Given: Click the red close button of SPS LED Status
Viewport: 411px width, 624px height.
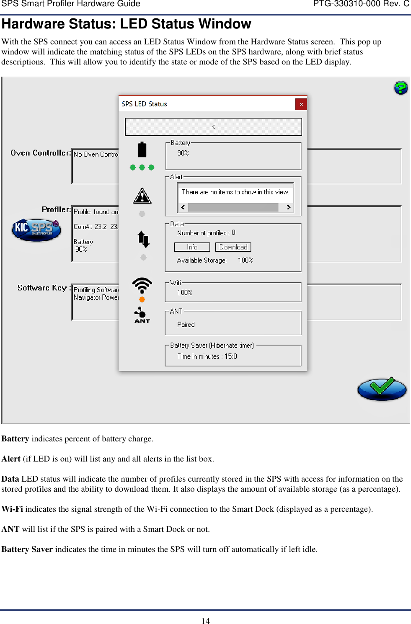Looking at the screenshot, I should pos(301,104).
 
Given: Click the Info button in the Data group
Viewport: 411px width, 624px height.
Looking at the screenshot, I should pos(192,247).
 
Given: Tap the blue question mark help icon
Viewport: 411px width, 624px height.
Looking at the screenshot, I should pos(401,88).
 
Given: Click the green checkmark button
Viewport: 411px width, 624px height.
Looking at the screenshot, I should pos(381,389).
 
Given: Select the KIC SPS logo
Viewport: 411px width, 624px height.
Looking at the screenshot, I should pos(36,229).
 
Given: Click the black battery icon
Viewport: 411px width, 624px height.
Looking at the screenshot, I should pos(142,150).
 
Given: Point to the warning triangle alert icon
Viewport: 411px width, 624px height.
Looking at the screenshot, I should pos(142,196).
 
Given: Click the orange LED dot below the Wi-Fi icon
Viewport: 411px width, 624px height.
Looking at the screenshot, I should pos(142,299).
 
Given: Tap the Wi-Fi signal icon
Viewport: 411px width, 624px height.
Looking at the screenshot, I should pos(142,286).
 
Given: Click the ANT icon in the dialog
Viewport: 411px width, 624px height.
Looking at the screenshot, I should pos(142,315).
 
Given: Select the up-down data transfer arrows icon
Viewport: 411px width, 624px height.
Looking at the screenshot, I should pos(143,240).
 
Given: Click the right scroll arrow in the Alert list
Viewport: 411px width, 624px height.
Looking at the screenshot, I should pos(288,207).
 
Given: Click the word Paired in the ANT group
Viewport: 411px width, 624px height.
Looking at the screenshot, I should pos(186,325).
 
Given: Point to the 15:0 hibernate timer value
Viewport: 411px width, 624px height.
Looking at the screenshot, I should pos(230,356).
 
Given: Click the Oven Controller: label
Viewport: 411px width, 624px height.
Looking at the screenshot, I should pos(41,153).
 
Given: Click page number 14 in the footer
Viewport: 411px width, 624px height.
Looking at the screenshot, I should pos(205,621).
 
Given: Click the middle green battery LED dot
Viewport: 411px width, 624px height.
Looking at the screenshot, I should pos(142,168).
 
